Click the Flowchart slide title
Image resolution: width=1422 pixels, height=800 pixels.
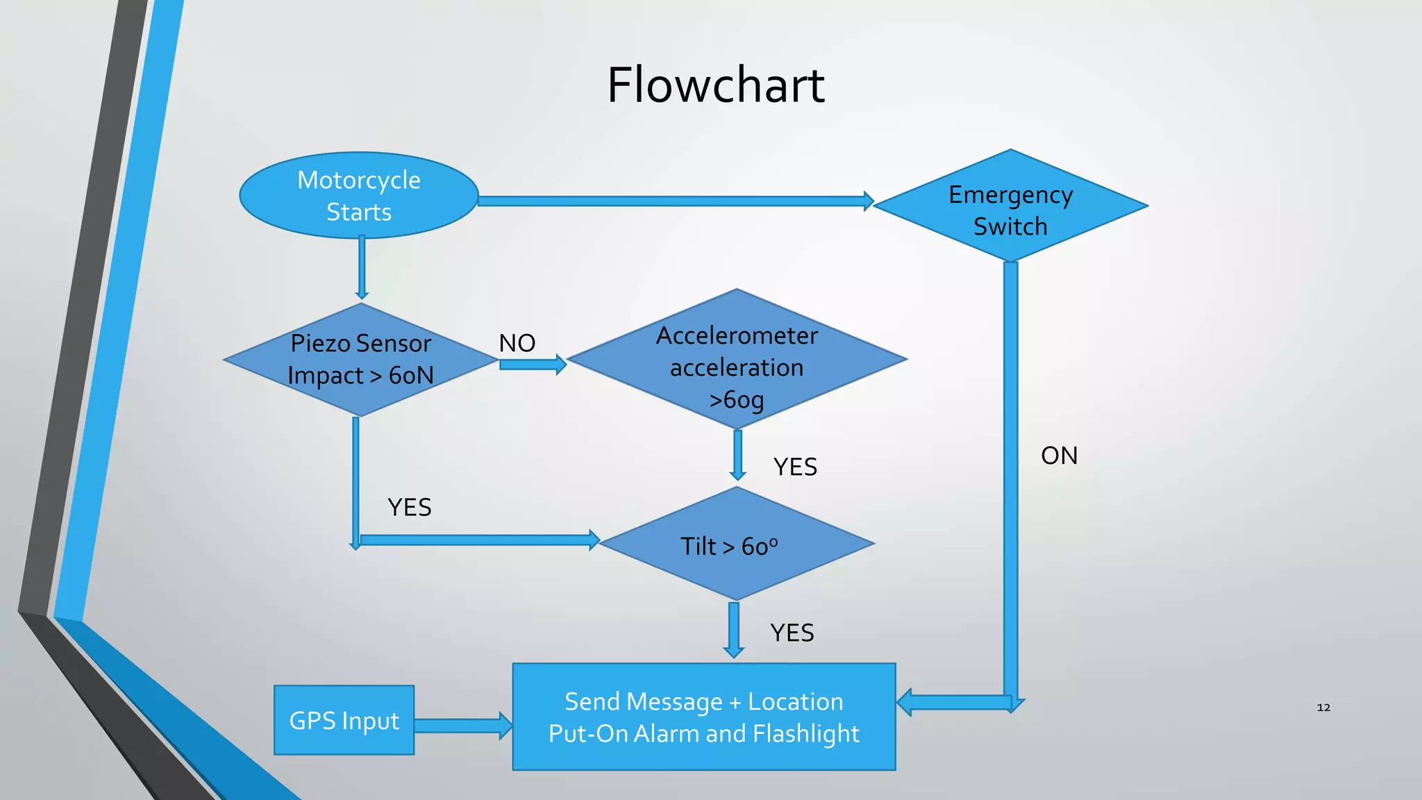tap(716, 85)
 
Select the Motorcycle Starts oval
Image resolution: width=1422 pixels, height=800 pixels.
tap(359, 195)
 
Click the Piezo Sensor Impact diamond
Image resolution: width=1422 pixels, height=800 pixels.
tap(360, 360)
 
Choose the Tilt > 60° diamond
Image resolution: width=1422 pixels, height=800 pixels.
tap(735, 544)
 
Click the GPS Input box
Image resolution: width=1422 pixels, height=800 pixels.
tap(344, 720)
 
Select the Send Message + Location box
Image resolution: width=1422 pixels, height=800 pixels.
tap(703, 717)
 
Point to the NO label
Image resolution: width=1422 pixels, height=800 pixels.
tap(517, 343)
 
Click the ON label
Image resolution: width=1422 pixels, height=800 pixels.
tap(1059, 456)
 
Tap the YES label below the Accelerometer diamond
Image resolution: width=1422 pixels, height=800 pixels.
tap(795, 467)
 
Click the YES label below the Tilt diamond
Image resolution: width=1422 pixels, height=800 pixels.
tap(792, 633)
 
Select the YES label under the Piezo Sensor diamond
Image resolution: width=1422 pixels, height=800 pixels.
tap(409, 508)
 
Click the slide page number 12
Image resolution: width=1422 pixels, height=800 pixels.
tap(1323, 708)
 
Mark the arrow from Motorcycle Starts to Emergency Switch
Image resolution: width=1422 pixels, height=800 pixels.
tap(674, 201)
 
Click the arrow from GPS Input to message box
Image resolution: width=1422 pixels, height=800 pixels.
tap(462, 726)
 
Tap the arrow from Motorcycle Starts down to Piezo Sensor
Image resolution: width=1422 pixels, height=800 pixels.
tap(362, 267)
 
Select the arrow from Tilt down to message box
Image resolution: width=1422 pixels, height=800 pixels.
tap(734, 629)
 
